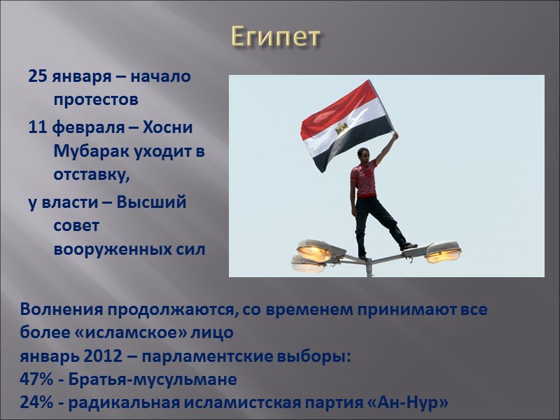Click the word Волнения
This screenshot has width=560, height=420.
pyautogui.click(x=60, y=309)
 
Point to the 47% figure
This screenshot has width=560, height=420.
pyautogui.click(x=36, y=380)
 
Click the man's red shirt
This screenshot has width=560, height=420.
pyautogui.click(x=364, y=181)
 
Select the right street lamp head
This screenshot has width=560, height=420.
pyautogui.click(x=443, y=251)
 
